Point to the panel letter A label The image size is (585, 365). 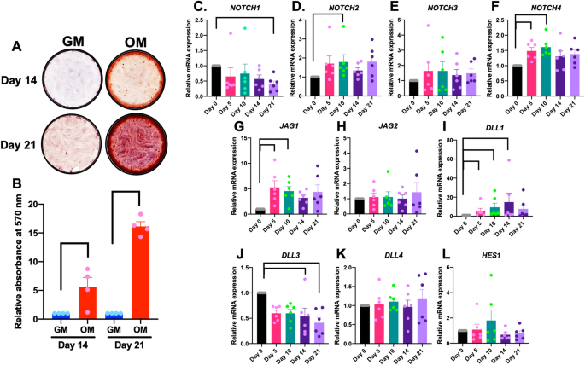click(x=15, y=49)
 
